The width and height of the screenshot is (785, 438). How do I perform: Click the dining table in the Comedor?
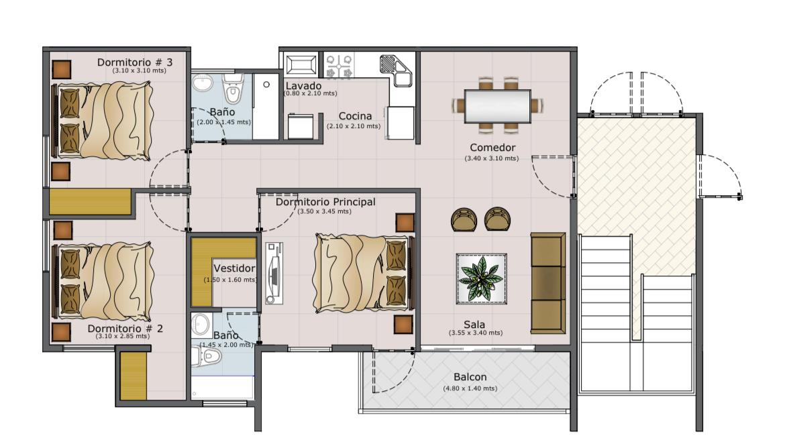(x=497, y=105)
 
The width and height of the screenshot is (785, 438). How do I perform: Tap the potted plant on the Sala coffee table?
(x=481, y=279)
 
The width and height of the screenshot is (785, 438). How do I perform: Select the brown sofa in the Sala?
(x=547, y=283)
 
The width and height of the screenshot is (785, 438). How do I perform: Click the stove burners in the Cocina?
(x=339, y=66)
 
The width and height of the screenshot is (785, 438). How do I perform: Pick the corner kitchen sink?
(x=396, y=70)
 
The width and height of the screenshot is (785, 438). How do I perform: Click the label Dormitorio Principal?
(x=325, y=202)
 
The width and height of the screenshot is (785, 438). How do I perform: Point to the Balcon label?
(x=470, y=377)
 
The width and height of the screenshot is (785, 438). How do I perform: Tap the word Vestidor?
(x=234, y=268)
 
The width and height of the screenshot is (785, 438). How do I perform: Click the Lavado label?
(x=303, y=86)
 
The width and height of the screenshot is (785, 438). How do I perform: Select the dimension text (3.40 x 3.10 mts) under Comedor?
(x=492, y=158)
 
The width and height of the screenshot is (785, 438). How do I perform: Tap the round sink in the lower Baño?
(x=201, y=325)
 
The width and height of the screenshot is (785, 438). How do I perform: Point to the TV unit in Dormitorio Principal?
(x=273, y=273)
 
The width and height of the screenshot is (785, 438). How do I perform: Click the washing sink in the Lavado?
(x=301, y=65)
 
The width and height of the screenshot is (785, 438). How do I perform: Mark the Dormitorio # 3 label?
(x=135, y=62)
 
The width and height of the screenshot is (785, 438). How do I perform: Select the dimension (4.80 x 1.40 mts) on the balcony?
(x=470, y=388)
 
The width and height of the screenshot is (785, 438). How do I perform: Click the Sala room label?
(x=474, y=325)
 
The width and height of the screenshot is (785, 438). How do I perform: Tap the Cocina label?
(x=355, y=116)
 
